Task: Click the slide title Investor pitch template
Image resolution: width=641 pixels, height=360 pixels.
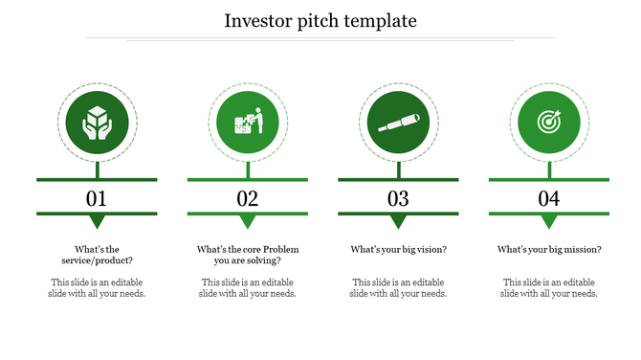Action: click(x=320, y=20)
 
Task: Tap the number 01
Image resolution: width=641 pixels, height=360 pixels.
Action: click(x=97, y=199)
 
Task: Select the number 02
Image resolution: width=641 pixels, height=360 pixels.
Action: click(x=248, y=199)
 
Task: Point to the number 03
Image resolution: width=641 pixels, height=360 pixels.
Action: click(x=398, y=199)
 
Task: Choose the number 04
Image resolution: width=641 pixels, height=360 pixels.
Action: click(x=549, y=199)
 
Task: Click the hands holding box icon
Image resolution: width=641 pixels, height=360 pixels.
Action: click(x=97, y=124)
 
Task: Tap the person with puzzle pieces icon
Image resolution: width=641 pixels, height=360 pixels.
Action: click(x=248, y=124)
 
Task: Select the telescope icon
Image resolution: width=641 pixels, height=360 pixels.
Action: click(x=398, y=124)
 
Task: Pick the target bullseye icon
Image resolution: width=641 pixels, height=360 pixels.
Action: click(x=549, y=124)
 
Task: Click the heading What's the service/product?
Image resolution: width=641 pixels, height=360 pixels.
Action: click(x=97, y=255)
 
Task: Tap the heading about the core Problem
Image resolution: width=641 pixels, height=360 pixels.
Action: click(x=248, y=255)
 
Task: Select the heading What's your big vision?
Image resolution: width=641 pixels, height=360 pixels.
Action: click(x=398, y=250)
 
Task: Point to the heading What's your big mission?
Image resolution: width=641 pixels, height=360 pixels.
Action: click(x=549, y=250)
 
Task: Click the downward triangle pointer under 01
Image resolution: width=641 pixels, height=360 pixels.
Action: click(x=97, y=222)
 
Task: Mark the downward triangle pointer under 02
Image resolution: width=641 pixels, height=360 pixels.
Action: click(x=248, y=222)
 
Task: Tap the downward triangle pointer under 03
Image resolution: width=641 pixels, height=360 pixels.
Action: click(x=398, y=222)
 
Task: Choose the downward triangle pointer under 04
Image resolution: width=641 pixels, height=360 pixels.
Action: click(x=549, y=222)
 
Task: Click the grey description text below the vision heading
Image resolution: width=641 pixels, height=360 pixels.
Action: click(x=398, y=288)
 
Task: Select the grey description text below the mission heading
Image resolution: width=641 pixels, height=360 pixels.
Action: click(x=549, y=288)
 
